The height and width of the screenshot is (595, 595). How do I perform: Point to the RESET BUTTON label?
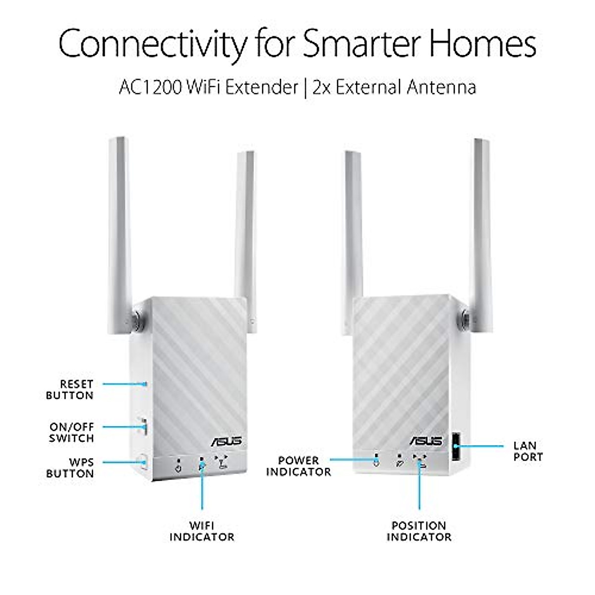coord(70,390)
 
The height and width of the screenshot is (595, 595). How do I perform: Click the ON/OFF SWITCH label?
coord(71,432)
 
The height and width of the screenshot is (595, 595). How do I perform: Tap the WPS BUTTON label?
coord(70,468)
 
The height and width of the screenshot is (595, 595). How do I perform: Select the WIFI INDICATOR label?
coord(202,531)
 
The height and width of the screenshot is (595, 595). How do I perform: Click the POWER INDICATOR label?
coord(298,466)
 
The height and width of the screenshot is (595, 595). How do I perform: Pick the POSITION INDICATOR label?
coord(419,531)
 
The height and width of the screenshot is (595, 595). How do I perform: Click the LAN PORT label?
coord(528,451)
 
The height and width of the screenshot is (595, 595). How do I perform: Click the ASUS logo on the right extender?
coord(423,440)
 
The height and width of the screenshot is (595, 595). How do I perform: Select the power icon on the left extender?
coord(178,467)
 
